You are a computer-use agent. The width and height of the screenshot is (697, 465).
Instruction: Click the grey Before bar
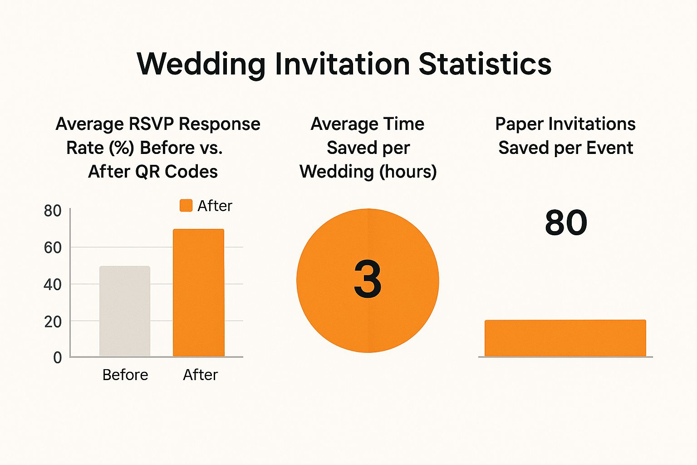click(125, 311)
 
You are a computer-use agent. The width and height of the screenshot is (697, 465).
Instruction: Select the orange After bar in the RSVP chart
click(198, 293)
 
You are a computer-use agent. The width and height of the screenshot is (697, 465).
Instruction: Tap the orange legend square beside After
click(186, 206)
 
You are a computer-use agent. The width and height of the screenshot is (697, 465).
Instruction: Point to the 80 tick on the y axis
click(53, 211)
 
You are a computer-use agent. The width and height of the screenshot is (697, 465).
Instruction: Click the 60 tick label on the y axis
click(53, 247)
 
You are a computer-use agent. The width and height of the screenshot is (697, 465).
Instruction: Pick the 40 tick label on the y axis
click(53, 285)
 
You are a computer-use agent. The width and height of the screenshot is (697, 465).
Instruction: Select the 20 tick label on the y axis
click(53, 322)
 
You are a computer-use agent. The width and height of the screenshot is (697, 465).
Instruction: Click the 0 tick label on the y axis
click(57, 358)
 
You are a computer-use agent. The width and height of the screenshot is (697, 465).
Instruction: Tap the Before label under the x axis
click(125, 375)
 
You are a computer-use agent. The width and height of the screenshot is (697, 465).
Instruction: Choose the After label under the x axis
click(200, 375)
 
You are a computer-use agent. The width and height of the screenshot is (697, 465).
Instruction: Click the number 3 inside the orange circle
click(368, 280)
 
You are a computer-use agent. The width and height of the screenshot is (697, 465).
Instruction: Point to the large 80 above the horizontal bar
click(566, 223)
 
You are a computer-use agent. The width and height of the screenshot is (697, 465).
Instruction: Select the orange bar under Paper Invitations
click(565, 338)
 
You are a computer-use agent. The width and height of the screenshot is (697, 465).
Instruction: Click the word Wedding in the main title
click(201, 64)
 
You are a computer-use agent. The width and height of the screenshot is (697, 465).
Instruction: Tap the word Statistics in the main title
click(485, 64)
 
